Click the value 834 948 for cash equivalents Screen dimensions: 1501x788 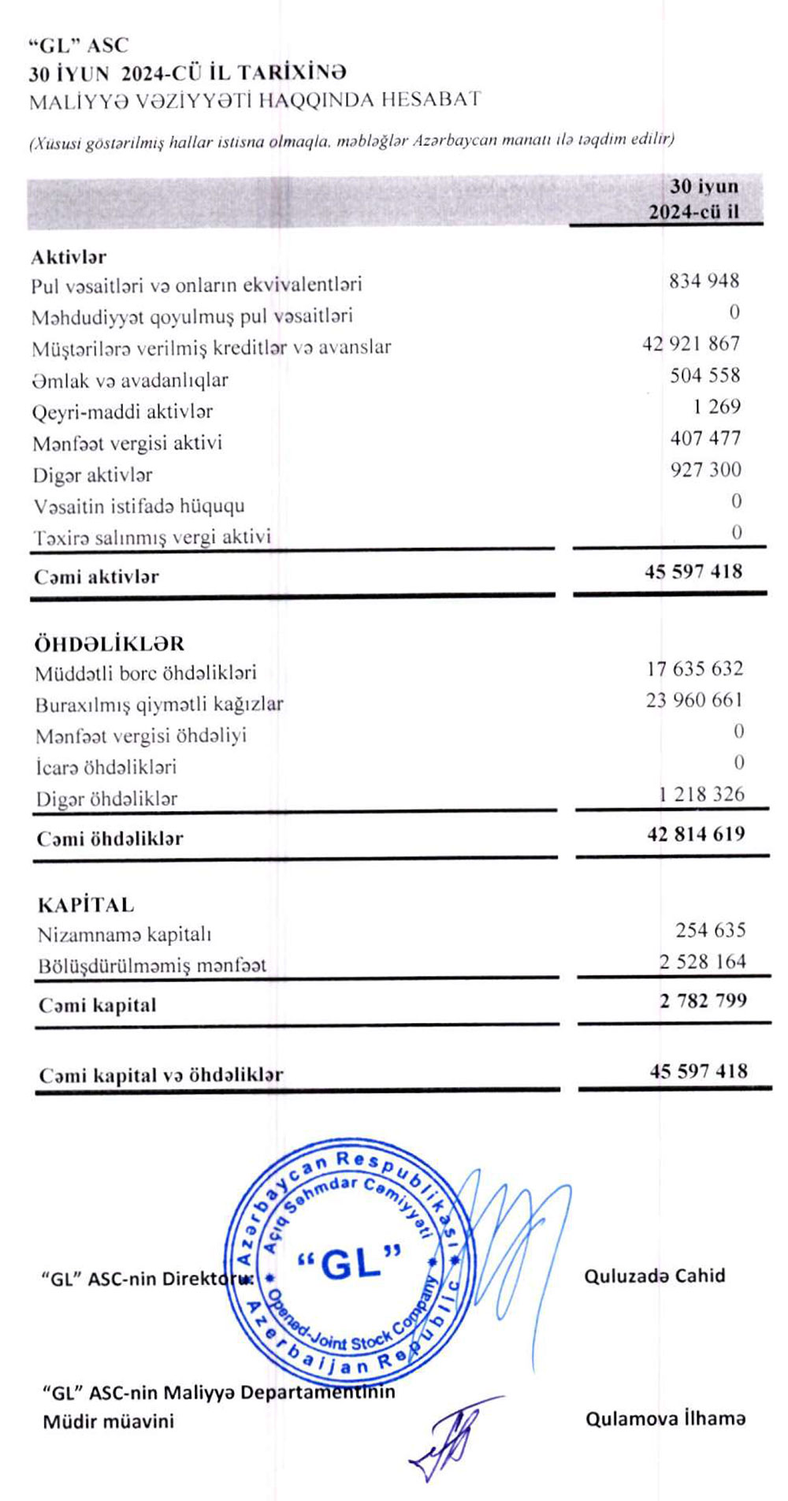tap(704, 281)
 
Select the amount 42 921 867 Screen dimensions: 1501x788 tap(690, 344)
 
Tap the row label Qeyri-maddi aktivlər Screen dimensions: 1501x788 tap(122, 412)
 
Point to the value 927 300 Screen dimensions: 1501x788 tap(705, 470)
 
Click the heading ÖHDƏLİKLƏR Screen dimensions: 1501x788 tap(109, 643)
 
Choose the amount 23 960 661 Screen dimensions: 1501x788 tap(693, 700)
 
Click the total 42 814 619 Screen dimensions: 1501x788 tap(695, 834)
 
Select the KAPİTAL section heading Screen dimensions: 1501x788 tap(86, 904)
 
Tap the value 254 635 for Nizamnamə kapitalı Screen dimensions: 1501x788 tap(710, 930)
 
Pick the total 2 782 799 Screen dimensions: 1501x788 tap(703, 1001)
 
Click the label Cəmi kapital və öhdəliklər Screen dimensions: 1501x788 tap(161, 1075)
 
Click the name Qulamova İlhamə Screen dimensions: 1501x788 tap(665, 1419)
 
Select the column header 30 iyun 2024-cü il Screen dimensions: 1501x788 tap(693, 199)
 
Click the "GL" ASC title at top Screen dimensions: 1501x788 tap(78, 45)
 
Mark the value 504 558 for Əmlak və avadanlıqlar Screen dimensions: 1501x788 tap(704, 375)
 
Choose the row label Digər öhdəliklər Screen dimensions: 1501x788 tap(106, 799)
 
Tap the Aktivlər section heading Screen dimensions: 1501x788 tap(69, 257)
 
